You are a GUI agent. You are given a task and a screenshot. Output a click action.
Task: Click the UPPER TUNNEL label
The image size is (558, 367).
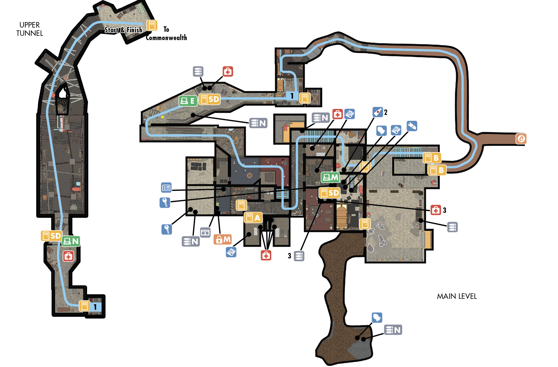coord(29,29)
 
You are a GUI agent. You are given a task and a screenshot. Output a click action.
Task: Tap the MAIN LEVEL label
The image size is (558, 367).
coord(457,296)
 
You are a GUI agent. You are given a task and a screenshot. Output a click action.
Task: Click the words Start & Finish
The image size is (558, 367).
coord(123,30)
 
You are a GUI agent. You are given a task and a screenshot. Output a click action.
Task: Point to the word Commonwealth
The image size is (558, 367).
coord(166,38)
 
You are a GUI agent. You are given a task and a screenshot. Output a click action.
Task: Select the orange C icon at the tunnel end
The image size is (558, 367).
coord(521,139)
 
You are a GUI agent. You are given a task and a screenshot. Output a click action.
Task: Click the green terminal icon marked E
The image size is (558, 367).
coord(188,101)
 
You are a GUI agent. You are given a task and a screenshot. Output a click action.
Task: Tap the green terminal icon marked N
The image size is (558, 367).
coord(71,241)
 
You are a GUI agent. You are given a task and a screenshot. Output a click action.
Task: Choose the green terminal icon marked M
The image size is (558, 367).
coord(330,177)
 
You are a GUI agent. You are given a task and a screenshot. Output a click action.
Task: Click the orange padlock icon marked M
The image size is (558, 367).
coord(222,239)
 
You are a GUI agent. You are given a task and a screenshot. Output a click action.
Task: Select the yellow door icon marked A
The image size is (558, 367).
coord(253,218)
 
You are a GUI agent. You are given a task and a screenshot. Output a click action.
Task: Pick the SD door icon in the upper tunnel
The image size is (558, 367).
coord(52,236)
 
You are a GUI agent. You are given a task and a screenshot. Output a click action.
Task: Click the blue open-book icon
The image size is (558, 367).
coord(166,188)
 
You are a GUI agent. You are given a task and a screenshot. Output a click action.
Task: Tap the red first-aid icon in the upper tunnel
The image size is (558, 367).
coord(68,256)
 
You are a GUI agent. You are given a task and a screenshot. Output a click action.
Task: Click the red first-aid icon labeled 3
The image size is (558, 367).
coord(436,210)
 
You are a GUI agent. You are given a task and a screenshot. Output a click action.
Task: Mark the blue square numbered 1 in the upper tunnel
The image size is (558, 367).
coord(95,307)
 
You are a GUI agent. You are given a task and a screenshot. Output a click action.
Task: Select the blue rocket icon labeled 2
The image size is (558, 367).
coord(378,112)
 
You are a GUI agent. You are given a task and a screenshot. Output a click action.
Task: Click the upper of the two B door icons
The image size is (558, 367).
coord(432,158)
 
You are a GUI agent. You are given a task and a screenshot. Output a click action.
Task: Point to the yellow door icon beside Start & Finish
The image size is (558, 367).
coord(152,25)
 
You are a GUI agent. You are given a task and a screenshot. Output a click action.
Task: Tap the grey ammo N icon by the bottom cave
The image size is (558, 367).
coord(393,330)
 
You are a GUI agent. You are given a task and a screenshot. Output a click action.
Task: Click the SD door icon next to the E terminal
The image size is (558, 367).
coord(209,99)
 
